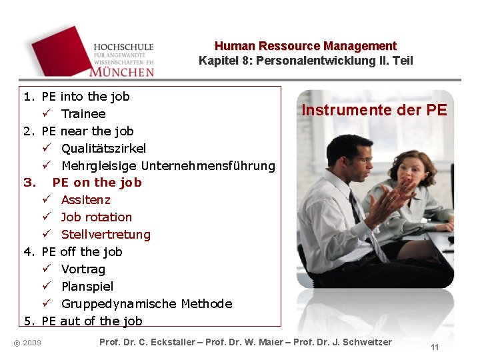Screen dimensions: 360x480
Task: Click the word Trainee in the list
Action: click(x=83, y=114)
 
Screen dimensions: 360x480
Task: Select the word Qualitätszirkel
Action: click(x=103, y=148)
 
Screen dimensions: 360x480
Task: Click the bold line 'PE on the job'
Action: click(x=97, y=183)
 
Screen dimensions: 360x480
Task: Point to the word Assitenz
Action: click(x=86, y=200)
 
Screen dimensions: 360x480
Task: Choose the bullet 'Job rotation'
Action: click(x=97, y=217)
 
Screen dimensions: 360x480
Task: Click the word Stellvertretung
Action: click(x=106, y=235)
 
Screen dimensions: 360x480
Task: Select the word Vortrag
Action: click(x=83, y=269)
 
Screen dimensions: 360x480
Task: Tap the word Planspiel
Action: click(x=87, y=287)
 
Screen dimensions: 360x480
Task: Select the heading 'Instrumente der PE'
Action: click(x=374, y=110)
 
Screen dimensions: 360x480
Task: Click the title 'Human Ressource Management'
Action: click(x=305, y=46)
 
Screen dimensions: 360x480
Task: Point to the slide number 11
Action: click(x=435, y=347)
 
